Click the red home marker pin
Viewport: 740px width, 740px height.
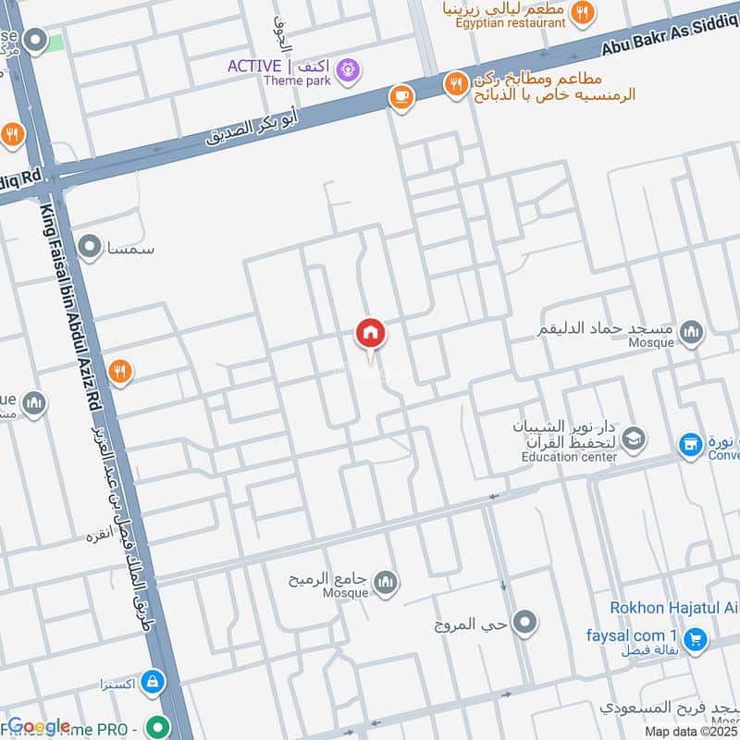371,334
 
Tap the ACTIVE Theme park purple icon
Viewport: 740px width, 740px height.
348,68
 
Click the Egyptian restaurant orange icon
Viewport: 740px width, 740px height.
582,13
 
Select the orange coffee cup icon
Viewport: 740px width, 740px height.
401,96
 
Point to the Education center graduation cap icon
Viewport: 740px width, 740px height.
634,438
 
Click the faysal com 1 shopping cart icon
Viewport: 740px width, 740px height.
695,637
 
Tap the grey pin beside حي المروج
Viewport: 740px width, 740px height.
525,623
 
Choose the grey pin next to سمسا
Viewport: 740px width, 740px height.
90,247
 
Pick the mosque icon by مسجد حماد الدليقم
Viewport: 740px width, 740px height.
691,332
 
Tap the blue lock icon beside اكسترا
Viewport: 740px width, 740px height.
154,684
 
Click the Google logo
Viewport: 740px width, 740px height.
39,726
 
